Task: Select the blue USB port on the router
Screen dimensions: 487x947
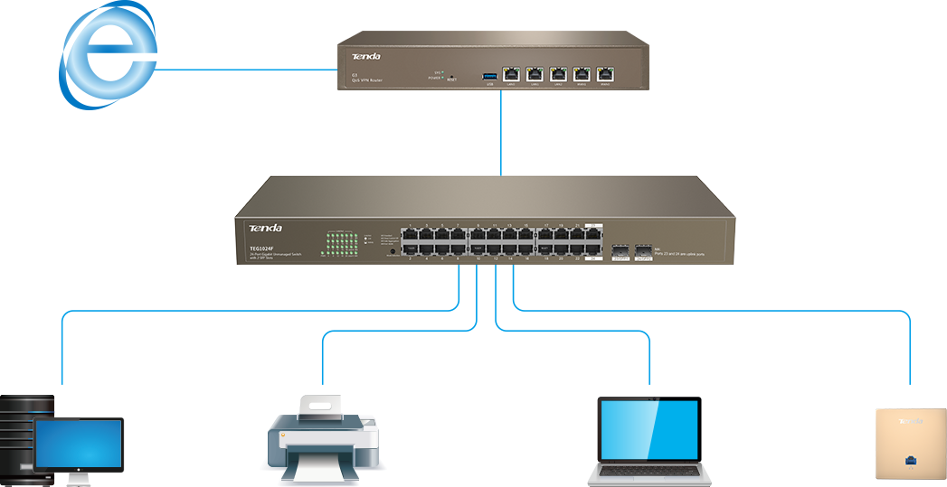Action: (x=489, y=74)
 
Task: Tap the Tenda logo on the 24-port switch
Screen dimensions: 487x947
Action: (x=265, y=228)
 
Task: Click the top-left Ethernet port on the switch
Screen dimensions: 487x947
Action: (x=410, y=232)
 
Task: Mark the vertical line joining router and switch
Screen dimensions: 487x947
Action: (x=501, y=132)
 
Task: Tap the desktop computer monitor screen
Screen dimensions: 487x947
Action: (x=78, y=445)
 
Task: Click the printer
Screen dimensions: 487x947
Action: (x=322, y=437)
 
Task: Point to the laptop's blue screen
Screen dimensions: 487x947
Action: (x=648, y=430)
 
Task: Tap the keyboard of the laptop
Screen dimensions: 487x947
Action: (x=647, y=471)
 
